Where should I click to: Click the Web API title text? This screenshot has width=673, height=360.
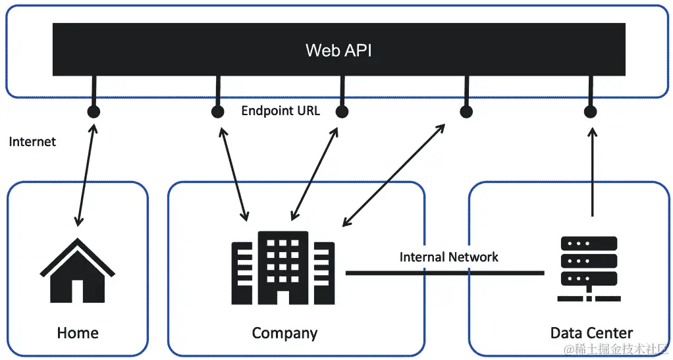338,50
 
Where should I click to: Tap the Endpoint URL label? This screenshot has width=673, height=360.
281,111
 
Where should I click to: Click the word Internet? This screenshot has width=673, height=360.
32,141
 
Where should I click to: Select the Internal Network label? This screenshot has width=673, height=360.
448,257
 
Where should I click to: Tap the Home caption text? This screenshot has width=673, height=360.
78,333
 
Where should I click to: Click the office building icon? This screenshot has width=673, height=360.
283,268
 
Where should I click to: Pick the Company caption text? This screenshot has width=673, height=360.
284,333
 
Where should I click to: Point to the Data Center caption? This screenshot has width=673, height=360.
591,333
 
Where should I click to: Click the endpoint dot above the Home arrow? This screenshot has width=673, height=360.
94,112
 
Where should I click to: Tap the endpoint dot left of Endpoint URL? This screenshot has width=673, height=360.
218,112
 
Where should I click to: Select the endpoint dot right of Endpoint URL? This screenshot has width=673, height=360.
342,112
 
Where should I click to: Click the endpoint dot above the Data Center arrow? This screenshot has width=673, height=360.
590,112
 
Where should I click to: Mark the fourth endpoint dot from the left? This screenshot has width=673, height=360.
466,112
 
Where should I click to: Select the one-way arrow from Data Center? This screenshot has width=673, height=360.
592,171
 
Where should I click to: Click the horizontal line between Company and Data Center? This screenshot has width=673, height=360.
444,272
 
